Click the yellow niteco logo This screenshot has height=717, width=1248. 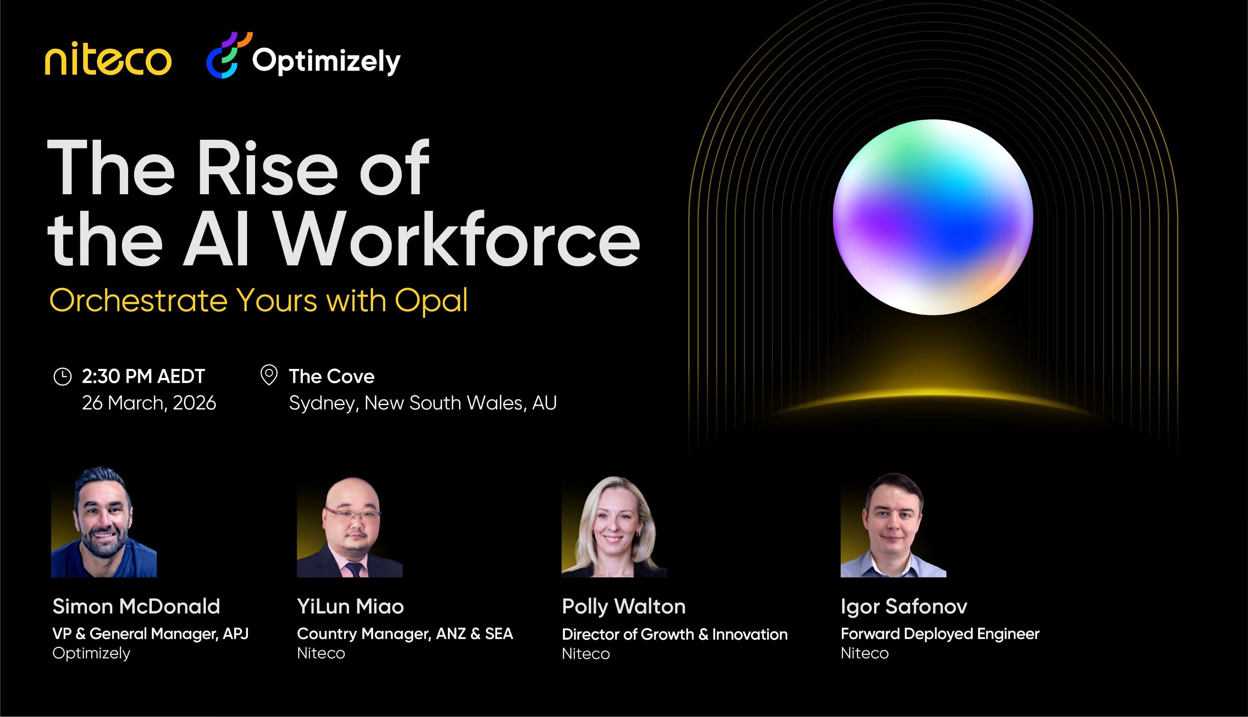pyautogui.click(x=108, y=60)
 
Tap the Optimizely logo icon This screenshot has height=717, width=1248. pyautogui.click(x=228, y=55)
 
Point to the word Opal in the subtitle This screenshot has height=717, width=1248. pyautogui.click(x=431, y=300)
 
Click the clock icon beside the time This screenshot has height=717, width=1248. pyautogui.click(x=62, y=376)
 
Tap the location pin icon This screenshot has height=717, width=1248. pyautogui.click(x=269, y=375)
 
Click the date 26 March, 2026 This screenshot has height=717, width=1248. pyautogui.click(x=149, y=403)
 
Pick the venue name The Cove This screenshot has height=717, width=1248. pyautogui.click(x=332, y=376)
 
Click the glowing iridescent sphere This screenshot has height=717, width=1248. pyautogui.click(x=932, y=217)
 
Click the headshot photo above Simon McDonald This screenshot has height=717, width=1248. pyautogui.click(x=104, y=523)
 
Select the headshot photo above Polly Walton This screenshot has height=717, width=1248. pyautogui.click(x=614, y=527)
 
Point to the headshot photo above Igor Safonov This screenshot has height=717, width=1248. pyautogui.click(x=893, y=526)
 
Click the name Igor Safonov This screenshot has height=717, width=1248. pyautogui.click(x=904, y=606)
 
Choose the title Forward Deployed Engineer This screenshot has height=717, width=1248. pyautogui.click(x=940, y=634)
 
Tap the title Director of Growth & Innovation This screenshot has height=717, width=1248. pyautogui.click(x=675, y=634)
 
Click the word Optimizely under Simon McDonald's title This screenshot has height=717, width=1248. pyautogui.click(x=92, y=653)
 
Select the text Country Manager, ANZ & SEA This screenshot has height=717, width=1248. pyautogui.click(x=405, y=634)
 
